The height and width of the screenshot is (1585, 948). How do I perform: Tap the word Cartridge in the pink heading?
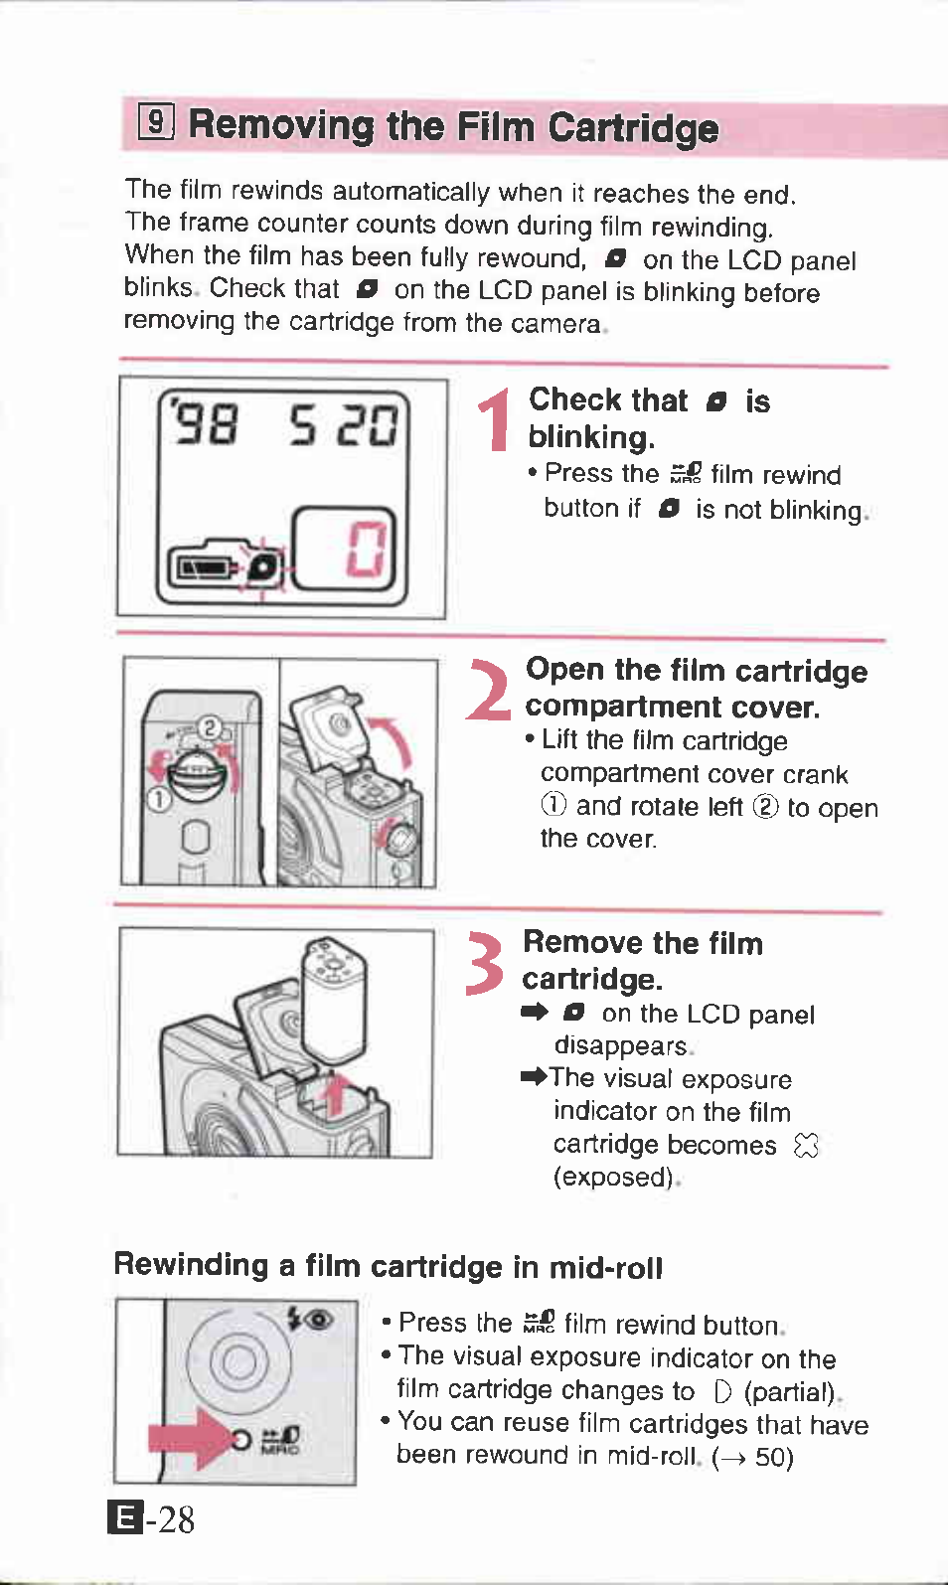[633, 129]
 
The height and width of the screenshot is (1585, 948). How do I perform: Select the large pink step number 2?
[489, 690]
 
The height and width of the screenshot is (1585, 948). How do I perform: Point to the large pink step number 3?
[485, 963]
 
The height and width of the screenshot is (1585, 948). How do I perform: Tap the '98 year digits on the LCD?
[203, 420]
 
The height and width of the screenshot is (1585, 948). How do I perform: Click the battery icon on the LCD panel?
[205, 566]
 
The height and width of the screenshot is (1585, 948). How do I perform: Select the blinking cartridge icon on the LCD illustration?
[262, 566]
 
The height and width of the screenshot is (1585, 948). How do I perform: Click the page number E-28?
[151, 1519]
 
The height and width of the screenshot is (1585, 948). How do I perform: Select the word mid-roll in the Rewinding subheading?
[605, 1267]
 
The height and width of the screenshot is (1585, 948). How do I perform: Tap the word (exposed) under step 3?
[613, 1177]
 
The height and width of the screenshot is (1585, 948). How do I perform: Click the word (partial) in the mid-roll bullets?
[790, 1391]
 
